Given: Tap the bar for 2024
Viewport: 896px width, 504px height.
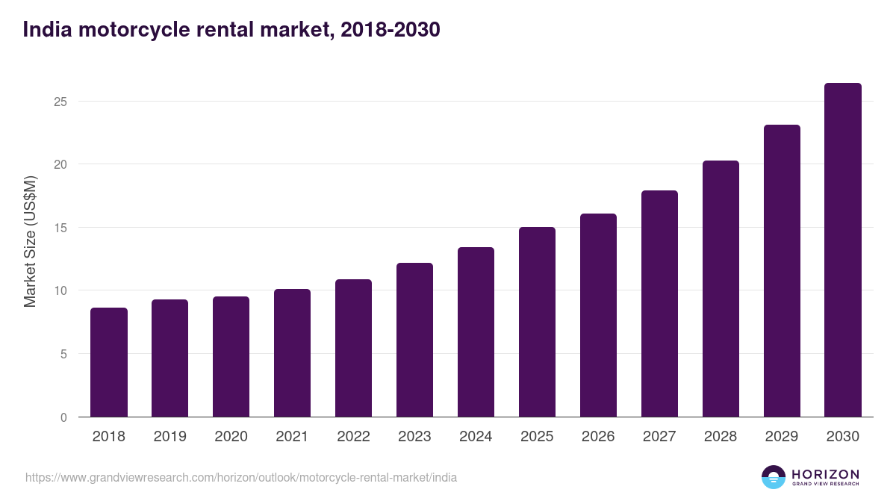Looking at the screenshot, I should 476,332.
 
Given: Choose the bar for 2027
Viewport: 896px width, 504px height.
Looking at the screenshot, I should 659,304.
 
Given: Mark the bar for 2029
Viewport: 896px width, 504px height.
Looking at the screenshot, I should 782,271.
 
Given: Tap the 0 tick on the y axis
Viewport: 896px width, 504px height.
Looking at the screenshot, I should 63,417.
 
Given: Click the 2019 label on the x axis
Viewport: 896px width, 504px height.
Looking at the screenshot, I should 169,437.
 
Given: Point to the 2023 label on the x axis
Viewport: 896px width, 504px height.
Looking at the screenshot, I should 414,437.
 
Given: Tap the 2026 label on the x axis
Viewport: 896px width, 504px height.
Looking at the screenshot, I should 598,437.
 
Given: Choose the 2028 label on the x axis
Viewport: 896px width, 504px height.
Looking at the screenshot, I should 721,437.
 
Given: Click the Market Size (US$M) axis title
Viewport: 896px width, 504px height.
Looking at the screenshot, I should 30,242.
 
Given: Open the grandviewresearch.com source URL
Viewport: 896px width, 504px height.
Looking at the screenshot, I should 241,477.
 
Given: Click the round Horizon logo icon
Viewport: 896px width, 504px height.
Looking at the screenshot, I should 774,477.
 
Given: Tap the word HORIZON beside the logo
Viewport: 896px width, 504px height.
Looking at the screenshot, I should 825,474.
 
